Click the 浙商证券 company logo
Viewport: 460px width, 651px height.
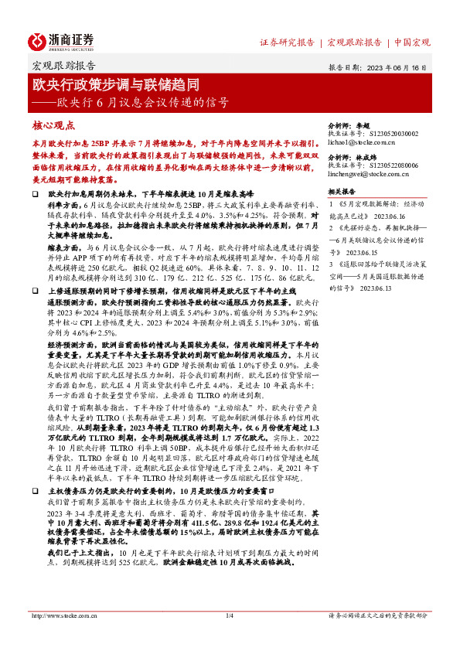pos(60,42)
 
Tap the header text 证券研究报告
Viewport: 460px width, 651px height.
pos(287,42)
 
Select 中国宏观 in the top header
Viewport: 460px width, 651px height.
pos(412,42)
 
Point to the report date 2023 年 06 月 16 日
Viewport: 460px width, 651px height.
pos(397,67)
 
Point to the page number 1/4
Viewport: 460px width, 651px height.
pos(229,615)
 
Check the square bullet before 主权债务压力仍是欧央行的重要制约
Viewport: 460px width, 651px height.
pos(36,490)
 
